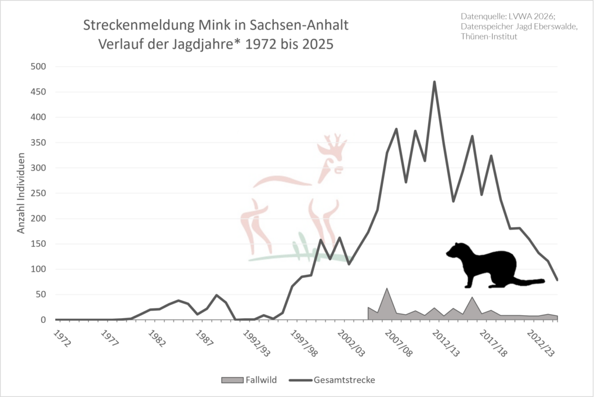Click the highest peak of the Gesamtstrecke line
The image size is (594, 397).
pyautogui.click(x=434, y=82)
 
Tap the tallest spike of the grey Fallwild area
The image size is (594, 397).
pyautogui.click(x=387, y=289)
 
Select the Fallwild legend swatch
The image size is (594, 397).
pyautogui.click(x=232, y=380)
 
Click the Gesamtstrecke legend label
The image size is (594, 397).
pyautogui.click(x=345, y=380)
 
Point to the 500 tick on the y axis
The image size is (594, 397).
pyautogui.click(x=38, y=67)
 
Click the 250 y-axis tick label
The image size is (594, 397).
pyautogui.click(x=38, y=194)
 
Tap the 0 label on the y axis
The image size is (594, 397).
pyautogui.click(x=43, y=320)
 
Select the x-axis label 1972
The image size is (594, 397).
pyautogui.click(x=62, y=338)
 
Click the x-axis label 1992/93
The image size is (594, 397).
pyautogui.click(x=256, y=343)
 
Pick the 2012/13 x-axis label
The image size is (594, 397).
pyautogui.click(x=446, y=343)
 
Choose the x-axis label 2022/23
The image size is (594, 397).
pyautogui.click(x=541, y=343)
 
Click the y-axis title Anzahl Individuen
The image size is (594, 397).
pyautogui.click(x=21, y=193)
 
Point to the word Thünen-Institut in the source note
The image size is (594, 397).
pyautogui.click(x=488, y=37)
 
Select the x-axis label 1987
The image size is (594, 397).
pyautogui.click(x=204, y=338)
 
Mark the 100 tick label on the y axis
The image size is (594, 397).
pyautogui.click(x=38, y=269)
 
